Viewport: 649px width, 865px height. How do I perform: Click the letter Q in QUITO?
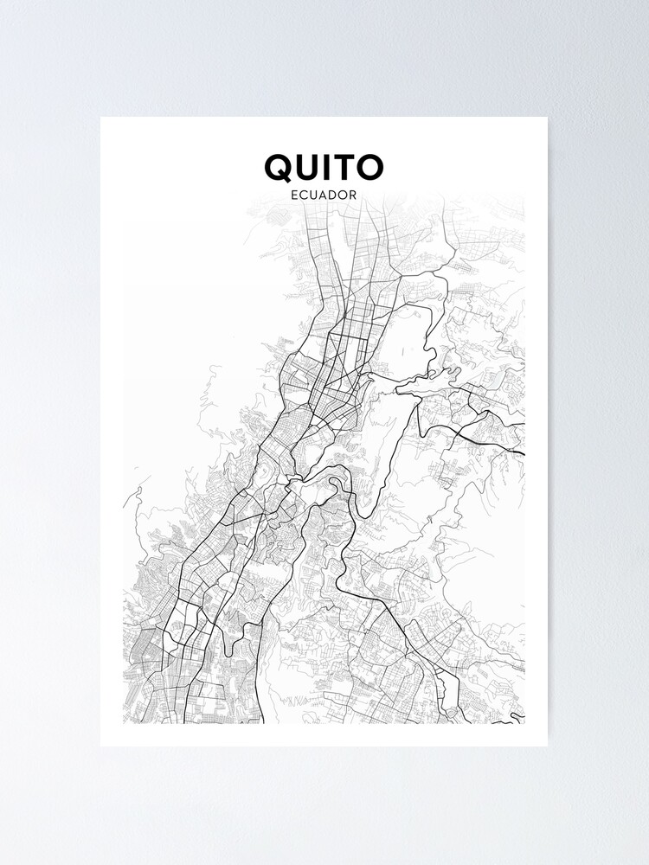click(280, 168)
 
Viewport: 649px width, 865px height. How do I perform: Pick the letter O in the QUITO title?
click(369, 168)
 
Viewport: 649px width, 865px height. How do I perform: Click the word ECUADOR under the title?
click(324, 195)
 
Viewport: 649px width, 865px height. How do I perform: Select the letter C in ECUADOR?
click(303, 195)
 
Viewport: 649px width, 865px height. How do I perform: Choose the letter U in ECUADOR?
click(313, 195)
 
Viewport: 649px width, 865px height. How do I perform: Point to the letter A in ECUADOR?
click(324, 195)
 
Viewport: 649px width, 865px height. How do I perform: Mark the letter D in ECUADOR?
click(334, 195)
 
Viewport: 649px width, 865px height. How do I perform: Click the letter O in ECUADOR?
click(344, 195)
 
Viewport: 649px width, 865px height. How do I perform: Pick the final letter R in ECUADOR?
click(355, 195)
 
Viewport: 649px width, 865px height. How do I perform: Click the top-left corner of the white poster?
click(101, 118)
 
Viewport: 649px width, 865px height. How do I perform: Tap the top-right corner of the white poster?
click(547, 118)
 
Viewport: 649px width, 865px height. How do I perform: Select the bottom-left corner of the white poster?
click(101, 745)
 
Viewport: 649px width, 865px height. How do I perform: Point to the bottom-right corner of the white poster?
click(547, 745)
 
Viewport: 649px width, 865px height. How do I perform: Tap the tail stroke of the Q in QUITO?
click(291, 179)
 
